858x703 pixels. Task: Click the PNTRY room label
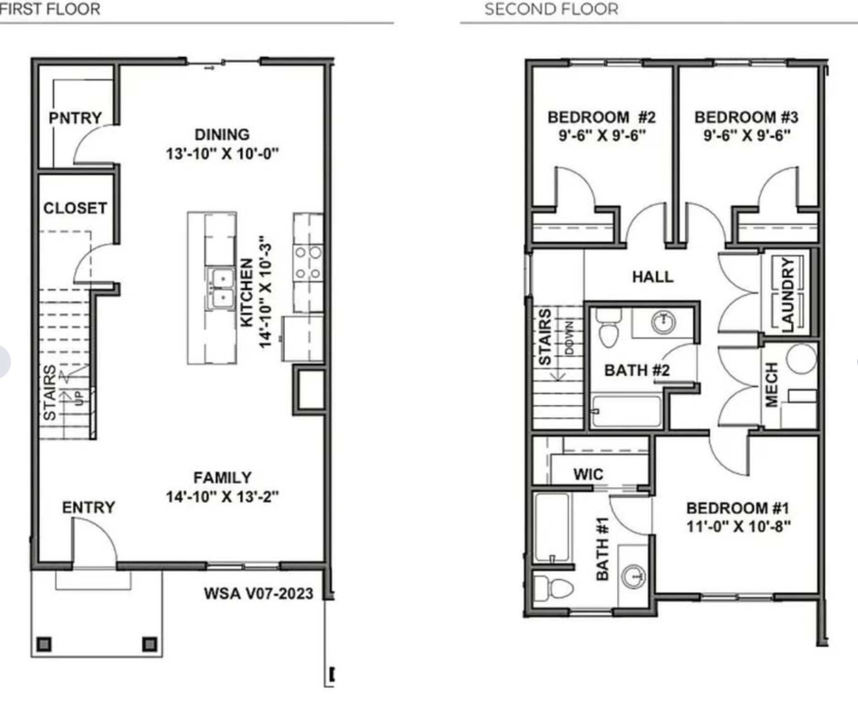click(x=75, y=118)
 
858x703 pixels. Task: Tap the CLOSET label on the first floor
click(x=75, y=208)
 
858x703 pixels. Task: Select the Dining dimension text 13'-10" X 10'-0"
click(x=222, y=153)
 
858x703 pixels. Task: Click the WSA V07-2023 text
click(x=258, y=594)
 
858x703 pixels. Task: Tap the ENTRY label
click(x=88, y=507)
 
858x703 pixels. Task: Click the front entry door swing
click(x=94, y=540)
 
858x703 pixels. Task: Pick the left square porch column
click(x=44, y=644)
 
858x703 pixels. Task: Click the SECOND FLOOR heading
click(x=551, y=9)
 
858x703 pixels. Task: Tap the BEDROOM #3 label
click(x=746, y=117)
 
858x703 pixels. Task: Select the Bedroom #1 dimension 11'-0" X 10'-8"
click(x=738, y=526)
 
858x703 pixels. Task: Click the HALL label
click(x=653, y=276)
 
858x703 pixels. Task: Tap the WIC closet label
click(x=588, y=474)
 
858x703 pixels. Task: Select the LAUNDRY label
click(x=788, y=294)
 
